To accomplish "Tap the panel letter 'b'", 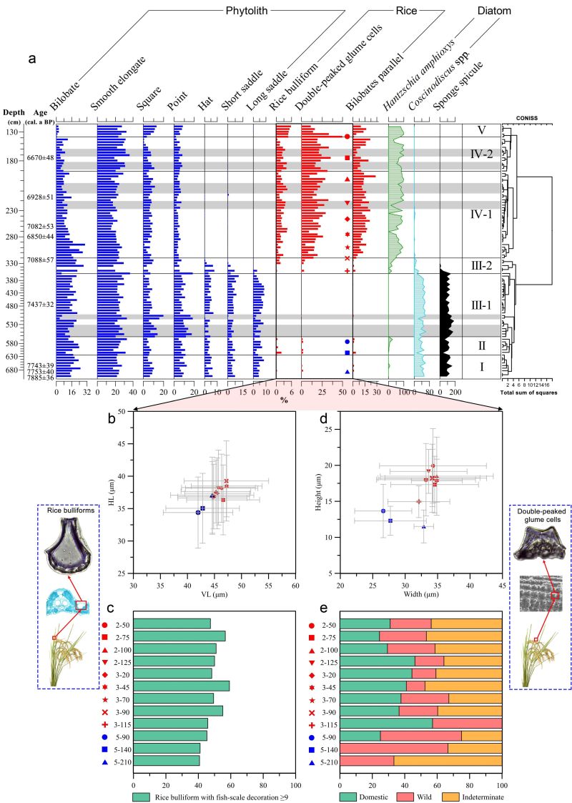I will (x=112, y=420).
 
